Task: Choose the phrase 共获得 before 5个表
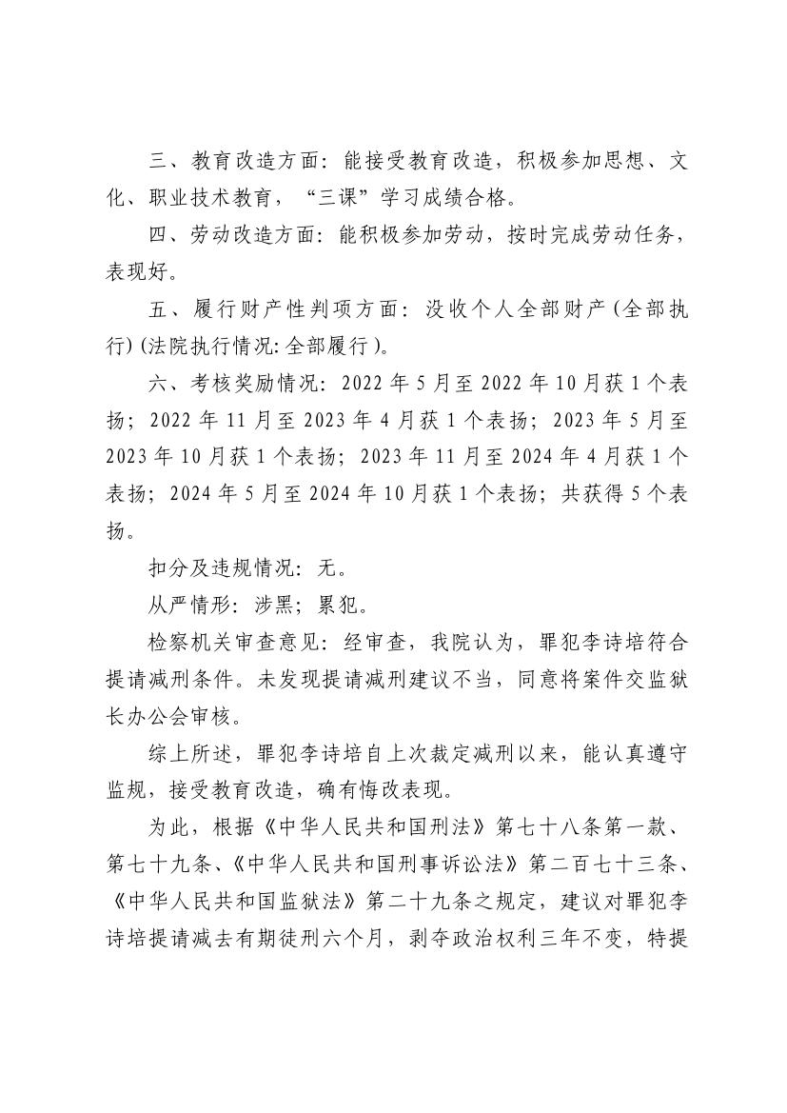point(596,496)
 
